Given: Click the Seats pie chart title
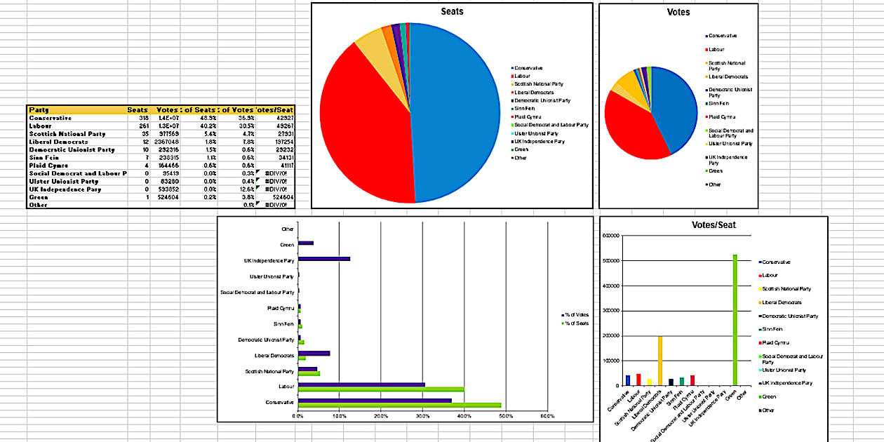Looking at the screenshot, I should pos(452,12).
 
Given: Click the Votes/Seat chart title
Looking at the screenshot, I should pos(713,225).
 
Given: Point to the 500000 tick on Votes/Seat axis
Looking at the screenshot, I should pos(611,260).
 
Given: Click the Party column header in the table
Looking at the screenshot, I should pos(39,110).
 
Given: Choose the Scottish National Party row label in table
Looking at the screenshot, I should pos(67,134).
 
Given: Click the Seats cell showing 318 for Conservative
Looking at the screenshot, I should pos(143,119).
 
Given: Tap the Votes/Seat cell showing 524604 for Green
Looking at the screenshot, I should pos(281,197).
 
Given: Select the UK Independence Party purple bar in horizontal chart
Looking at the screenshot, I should pos(323,259).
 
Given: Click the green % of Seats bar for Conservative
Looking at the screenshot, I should pos(399,405).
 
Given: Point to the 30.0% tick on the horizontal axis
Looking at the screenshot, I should pos(422,416).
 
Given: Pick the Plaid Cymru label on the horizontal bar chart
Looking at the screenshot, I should pos(281,308).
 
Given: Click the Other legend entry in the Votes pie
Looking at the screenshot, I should pos(714,185).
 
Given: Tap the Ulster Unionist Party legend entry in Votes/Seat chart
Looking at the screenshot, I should pos(784,370).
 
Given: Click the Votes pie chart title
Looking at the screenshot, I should pos(678,12).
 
